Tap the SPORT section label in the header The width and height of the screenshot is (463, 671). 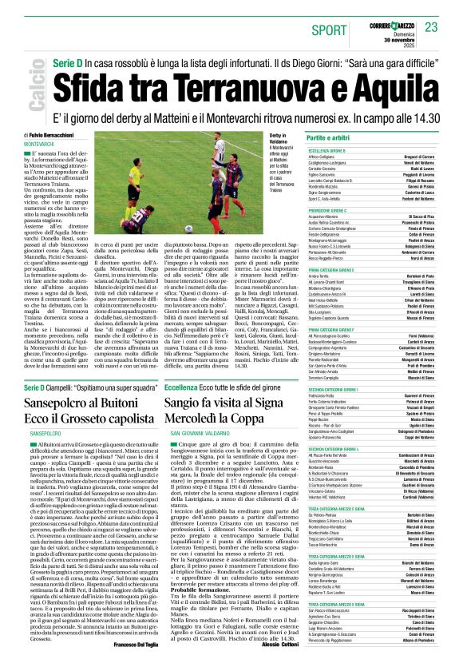pyautogui.click(x=330, y=30)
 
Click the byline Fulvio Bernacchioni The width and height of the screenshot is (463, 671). pyautogui.click(x=56, y=137)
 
